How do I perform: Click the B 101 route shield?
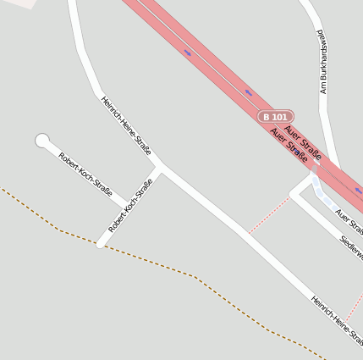point(276,116)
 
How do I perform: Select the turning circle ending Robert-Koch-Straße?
point(42,141)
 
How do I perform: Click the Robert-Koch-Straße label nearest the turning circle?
point(85,174)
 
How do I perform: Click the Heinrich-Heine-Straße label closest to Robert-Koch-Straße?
point(126,125)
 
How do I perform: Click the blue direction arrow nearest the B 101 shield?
point(248,91)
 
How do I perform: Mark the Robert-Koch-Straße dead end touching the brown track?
point(101,244)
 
